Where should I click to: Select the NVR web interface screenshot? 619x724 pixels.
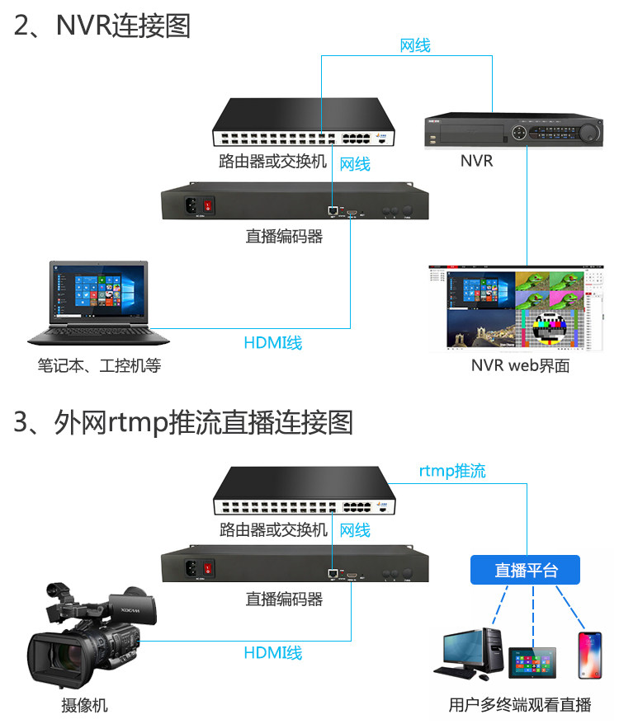(516, 308)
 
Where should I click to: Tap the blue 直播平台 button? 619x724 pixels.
(526, 570)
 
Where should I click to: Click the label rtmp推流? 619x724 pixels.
(452, 471)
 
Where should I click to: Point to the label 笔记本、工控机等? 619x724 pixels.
(99, 364)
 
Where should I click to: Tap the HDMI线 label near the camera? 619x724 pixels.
(273, 653)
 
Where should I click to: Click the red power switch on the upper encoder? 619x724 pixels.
(210, 204)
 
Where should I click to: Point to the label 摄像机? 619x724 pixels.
(84, 705)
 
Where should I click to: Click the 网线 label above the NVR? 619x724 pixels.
(415, 45)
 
